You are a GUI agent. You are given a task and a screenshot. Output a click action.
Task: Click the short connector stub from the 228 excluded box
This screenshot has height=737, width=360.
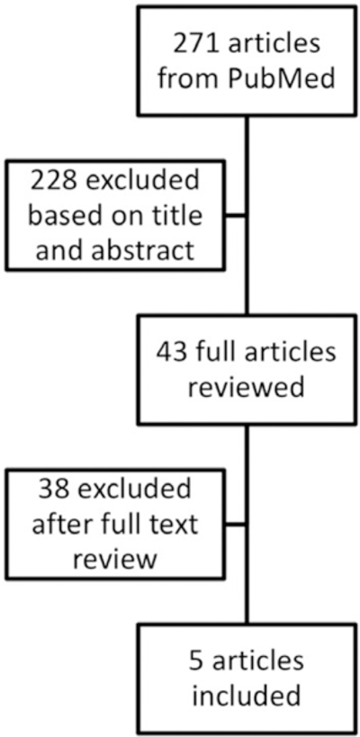pos(235,215)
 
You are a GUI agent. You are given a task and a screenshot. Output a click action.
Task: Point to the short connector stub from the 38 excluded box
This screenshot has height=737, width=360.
pos(235,523)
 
